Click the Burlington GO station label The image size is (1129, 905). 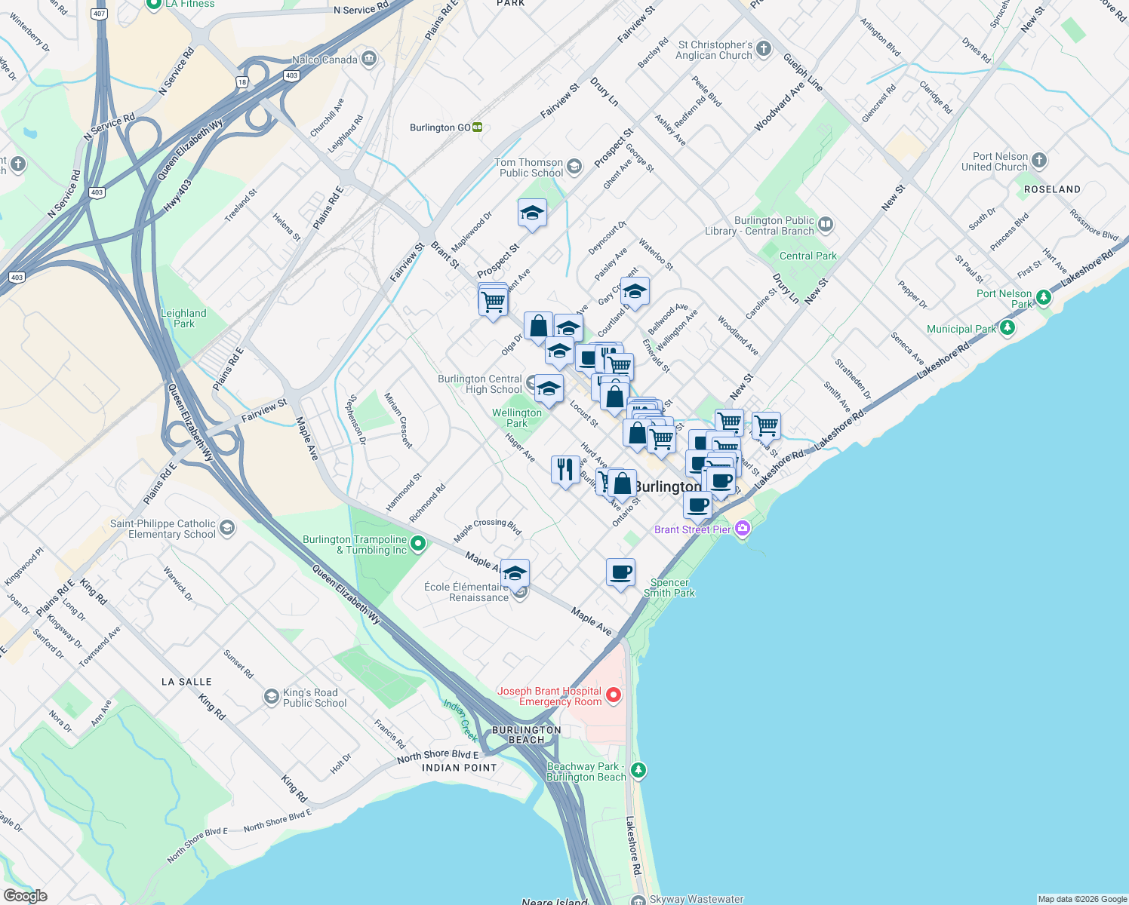(440, 127)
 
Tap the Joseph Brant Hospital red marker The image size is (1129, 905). (614, 695)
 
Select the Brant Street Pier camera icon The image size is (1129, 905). (743, 528)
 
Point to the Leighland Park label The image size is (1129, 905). (183, 318)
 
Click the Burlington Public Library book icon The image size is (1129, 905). (826, 223)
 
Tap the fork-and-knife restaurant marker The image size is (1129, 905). (565, 470)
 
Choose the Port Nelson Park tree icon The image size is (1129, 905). (1043, 297)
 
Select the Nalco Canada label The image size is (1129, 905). (325, 60)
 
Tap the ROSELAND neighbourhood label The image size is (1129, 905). (1052, 189)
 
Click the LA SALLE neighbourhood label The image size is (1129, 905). (186, 682)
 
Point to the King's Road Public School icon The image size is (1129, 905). (271, 697)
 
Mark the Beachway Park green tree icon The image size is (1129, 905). (638, 770)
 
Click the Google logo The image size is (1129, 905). (25, 895)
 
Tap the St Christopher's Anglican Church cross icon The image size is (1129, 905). (764, 49)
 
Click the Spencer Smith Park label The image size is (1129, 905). (669, 587)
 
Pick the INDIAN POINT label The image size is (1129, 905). (459, 768)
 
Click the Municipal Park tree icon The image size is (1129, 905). (1007, 329)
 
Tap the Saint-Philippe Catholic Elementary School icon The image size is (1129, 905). (227, 528)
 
